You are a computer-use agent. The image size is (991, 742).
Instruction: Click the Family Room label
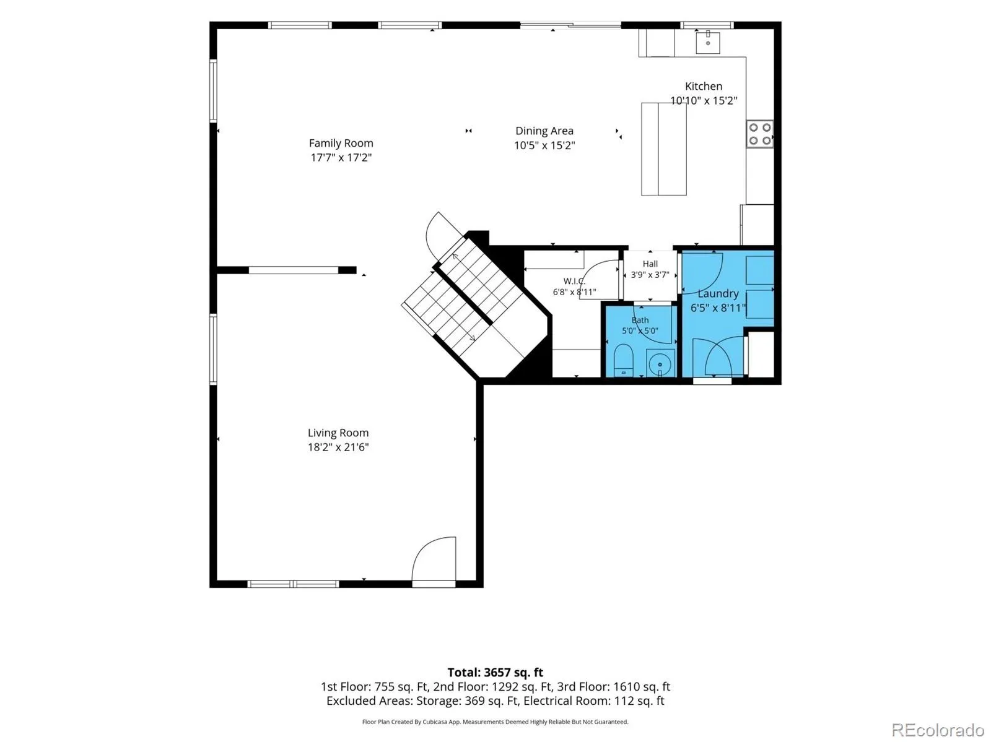(x=341, y=143)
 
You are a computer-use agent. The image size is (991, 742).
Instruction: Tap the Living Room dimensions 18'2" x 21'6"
(x=338, y=447)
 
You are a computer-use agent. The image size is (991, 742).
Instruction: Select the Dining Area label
(x=544, y=131)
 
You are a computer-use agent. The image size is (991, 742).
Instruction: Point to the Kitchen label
(x=704, y=86)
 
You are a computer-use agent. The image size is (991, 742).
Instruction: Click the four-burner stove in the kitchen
(x=760, y=134)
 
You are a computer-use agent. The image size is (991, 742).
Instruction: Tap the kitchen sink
(x=707, y=42)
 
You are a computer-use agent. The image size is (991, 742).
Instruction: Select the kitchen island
(x=664, y=149)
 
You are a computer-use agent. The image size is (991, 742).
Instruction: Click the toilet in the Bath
(x=624, y=360)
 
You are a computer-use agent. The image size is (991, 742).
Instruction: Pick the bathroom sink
(x=660, y=363)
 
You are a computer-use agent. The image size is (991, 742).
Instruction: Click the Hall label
(x=650, y=264)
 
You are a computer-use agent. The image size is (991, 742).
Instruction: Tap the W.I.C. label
(x=574, y=281)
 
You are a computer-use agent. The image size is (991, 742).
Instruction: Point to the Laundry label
(x=718, y=293)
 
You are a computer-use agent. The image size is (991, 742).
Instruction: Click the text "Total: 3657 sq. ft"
(x=495, y=673)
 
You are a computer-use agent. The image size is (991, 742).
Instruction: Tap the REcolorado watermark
(x=938, y=730)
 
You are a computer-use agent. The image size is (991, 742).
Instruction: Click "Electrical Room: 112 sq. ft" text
(x=594, y=701)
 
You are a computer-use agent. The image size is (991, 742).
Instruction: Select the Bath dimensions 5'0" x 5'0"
(x=640, y=330)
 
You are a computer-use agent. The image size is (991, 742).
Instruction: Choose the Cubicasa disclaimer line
(x=495, y=722)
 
